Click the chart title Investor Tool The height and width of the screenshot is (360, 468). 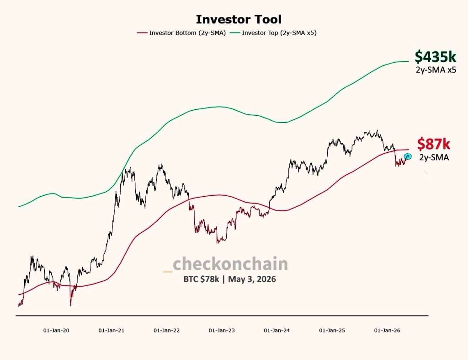tap(239, 19)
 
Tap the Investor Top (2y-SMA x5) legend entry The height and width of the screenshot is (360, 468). tap(273, 33)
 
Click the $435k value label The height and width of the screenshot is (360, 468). tap(435, 56)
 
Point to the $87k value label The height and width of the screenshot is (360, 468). tap(434, 144)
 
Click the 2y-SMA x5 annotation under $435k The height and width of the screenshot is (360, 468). tap(436, 70)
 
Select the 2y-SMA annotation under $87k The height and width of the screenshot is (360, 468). tap(434, 157)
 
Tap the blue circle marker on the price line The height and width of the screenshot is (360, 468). tap(408, 156)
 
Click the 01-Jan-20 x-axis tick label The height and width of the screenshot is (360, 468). tap(56, 330)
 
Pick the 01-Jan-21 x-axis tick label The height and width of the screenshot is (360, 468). tap(112, 330)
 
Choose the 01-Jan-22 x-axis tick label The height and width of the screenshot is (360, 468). tap(166, 330)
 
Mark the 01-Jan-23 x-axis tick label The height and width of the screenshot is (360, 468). tap(222, 330)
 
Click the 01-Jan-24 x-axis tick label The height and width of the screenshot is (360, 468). tap(277, 330)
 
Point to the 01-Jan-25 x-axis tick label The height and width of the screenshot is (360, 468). tap(332, 330)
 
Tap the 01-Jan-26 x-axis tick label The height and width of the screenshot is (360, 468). tap(387, 330)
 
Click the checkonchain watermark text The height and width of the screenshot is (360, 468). tap(230, 264)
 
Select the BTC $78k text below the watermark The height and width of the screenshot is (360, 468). tap(201, 279)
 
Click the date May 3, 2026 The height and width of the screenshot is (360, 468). tap(252, 279)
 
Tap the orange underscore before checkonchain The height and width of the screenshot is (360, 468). tap(168, 271)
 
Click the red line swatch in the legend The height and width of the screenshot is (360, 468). tap(142, 33)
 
